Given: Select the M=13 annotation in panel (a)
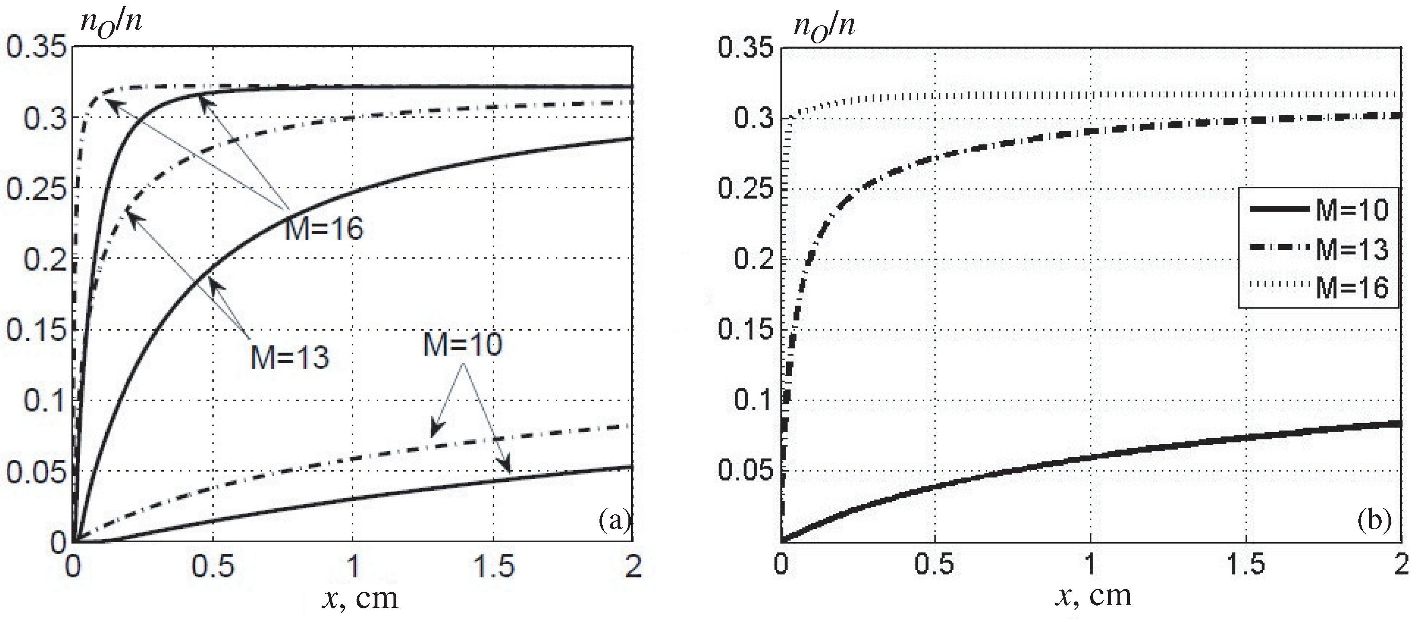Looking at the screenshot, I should pyautogui.click(x=290, y=357).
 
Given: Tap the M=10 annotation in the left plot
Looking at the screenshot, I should pyautogui.click(x=463, y=345).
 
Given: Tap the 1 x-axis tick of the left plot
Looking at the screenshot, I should pyautogui.click(x=353, y=567).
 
